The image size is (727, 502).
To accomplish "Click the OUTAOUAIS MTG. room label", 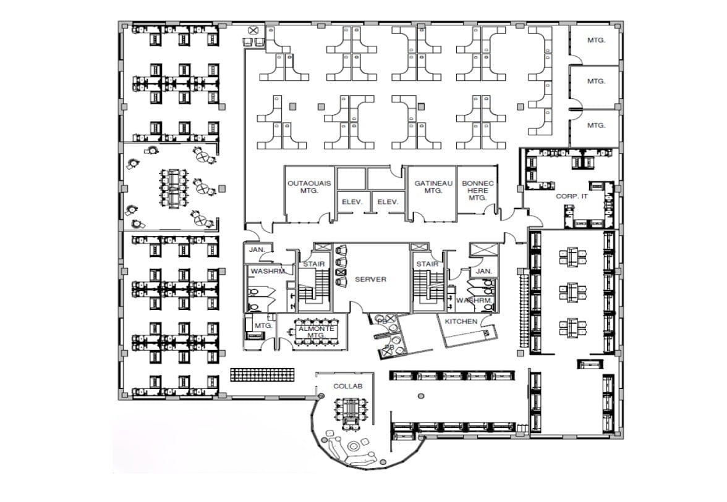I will pos(309,187).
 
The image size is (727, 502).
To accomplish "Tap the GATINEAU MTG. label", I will pos(433,187).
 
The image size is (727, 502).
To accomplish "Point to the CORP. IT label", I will pos(571,196).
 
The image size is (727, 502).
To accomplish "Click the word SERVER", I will pos(370,279).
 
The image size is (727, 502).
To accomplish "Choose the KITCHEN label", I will pos(461,321).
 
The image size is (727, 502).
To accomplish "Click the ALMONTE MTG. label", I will pos(316,332).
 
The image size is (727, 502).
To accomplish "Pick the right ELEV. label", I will pos(388,202).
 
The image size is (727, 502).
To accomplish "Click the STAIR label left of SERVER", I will pos(314,264).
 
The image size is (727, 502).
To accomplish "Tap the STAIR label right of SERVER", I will pos(427,264).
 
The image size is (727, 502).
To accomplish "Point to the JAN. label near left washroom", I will pos(257,250).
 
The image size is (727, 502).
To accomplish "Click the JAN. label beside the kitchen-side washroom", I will pos(483,271).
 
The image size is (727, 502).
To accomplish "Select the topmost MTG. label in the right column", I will pos(595,41).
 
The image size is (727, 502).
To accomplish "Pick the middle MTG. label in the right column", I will pos(595,81).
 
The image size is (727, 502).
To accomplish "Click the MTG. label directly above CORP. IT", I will pos(595,125).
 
